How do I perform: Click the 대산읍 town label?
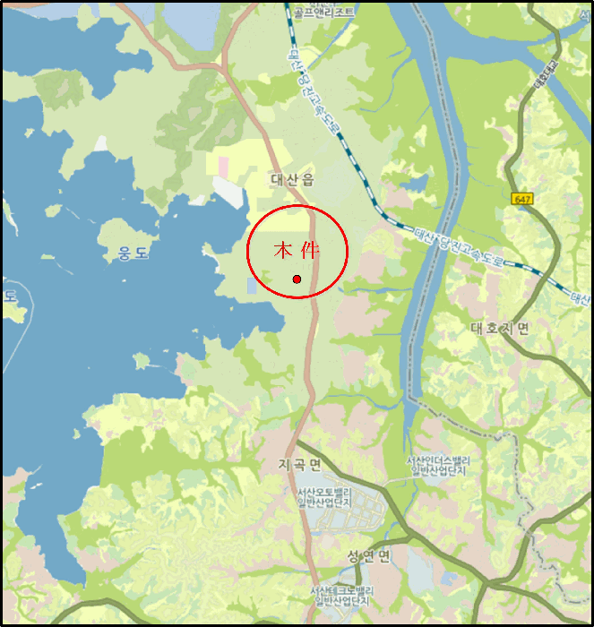tap(293, 180)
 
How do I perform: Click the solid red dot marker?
tap(297, 279)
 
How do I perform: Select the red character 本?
tap(283, 250)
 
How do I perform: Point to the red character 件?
tap(310, 250)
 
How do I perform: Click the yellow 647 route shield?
tap(522, 198)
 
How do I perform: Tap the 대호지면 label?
tap(499, 329)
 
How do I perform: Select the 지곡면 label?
tap(299, 464)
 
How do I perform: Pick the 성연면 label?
tap(369, 556)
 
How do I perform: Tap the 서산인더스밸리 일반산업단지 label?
tap(439, 466)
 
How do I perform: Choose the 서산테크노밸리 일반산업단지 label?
tap(340, 597)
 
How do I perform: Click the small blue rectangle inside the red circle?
tap(252, 285)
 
